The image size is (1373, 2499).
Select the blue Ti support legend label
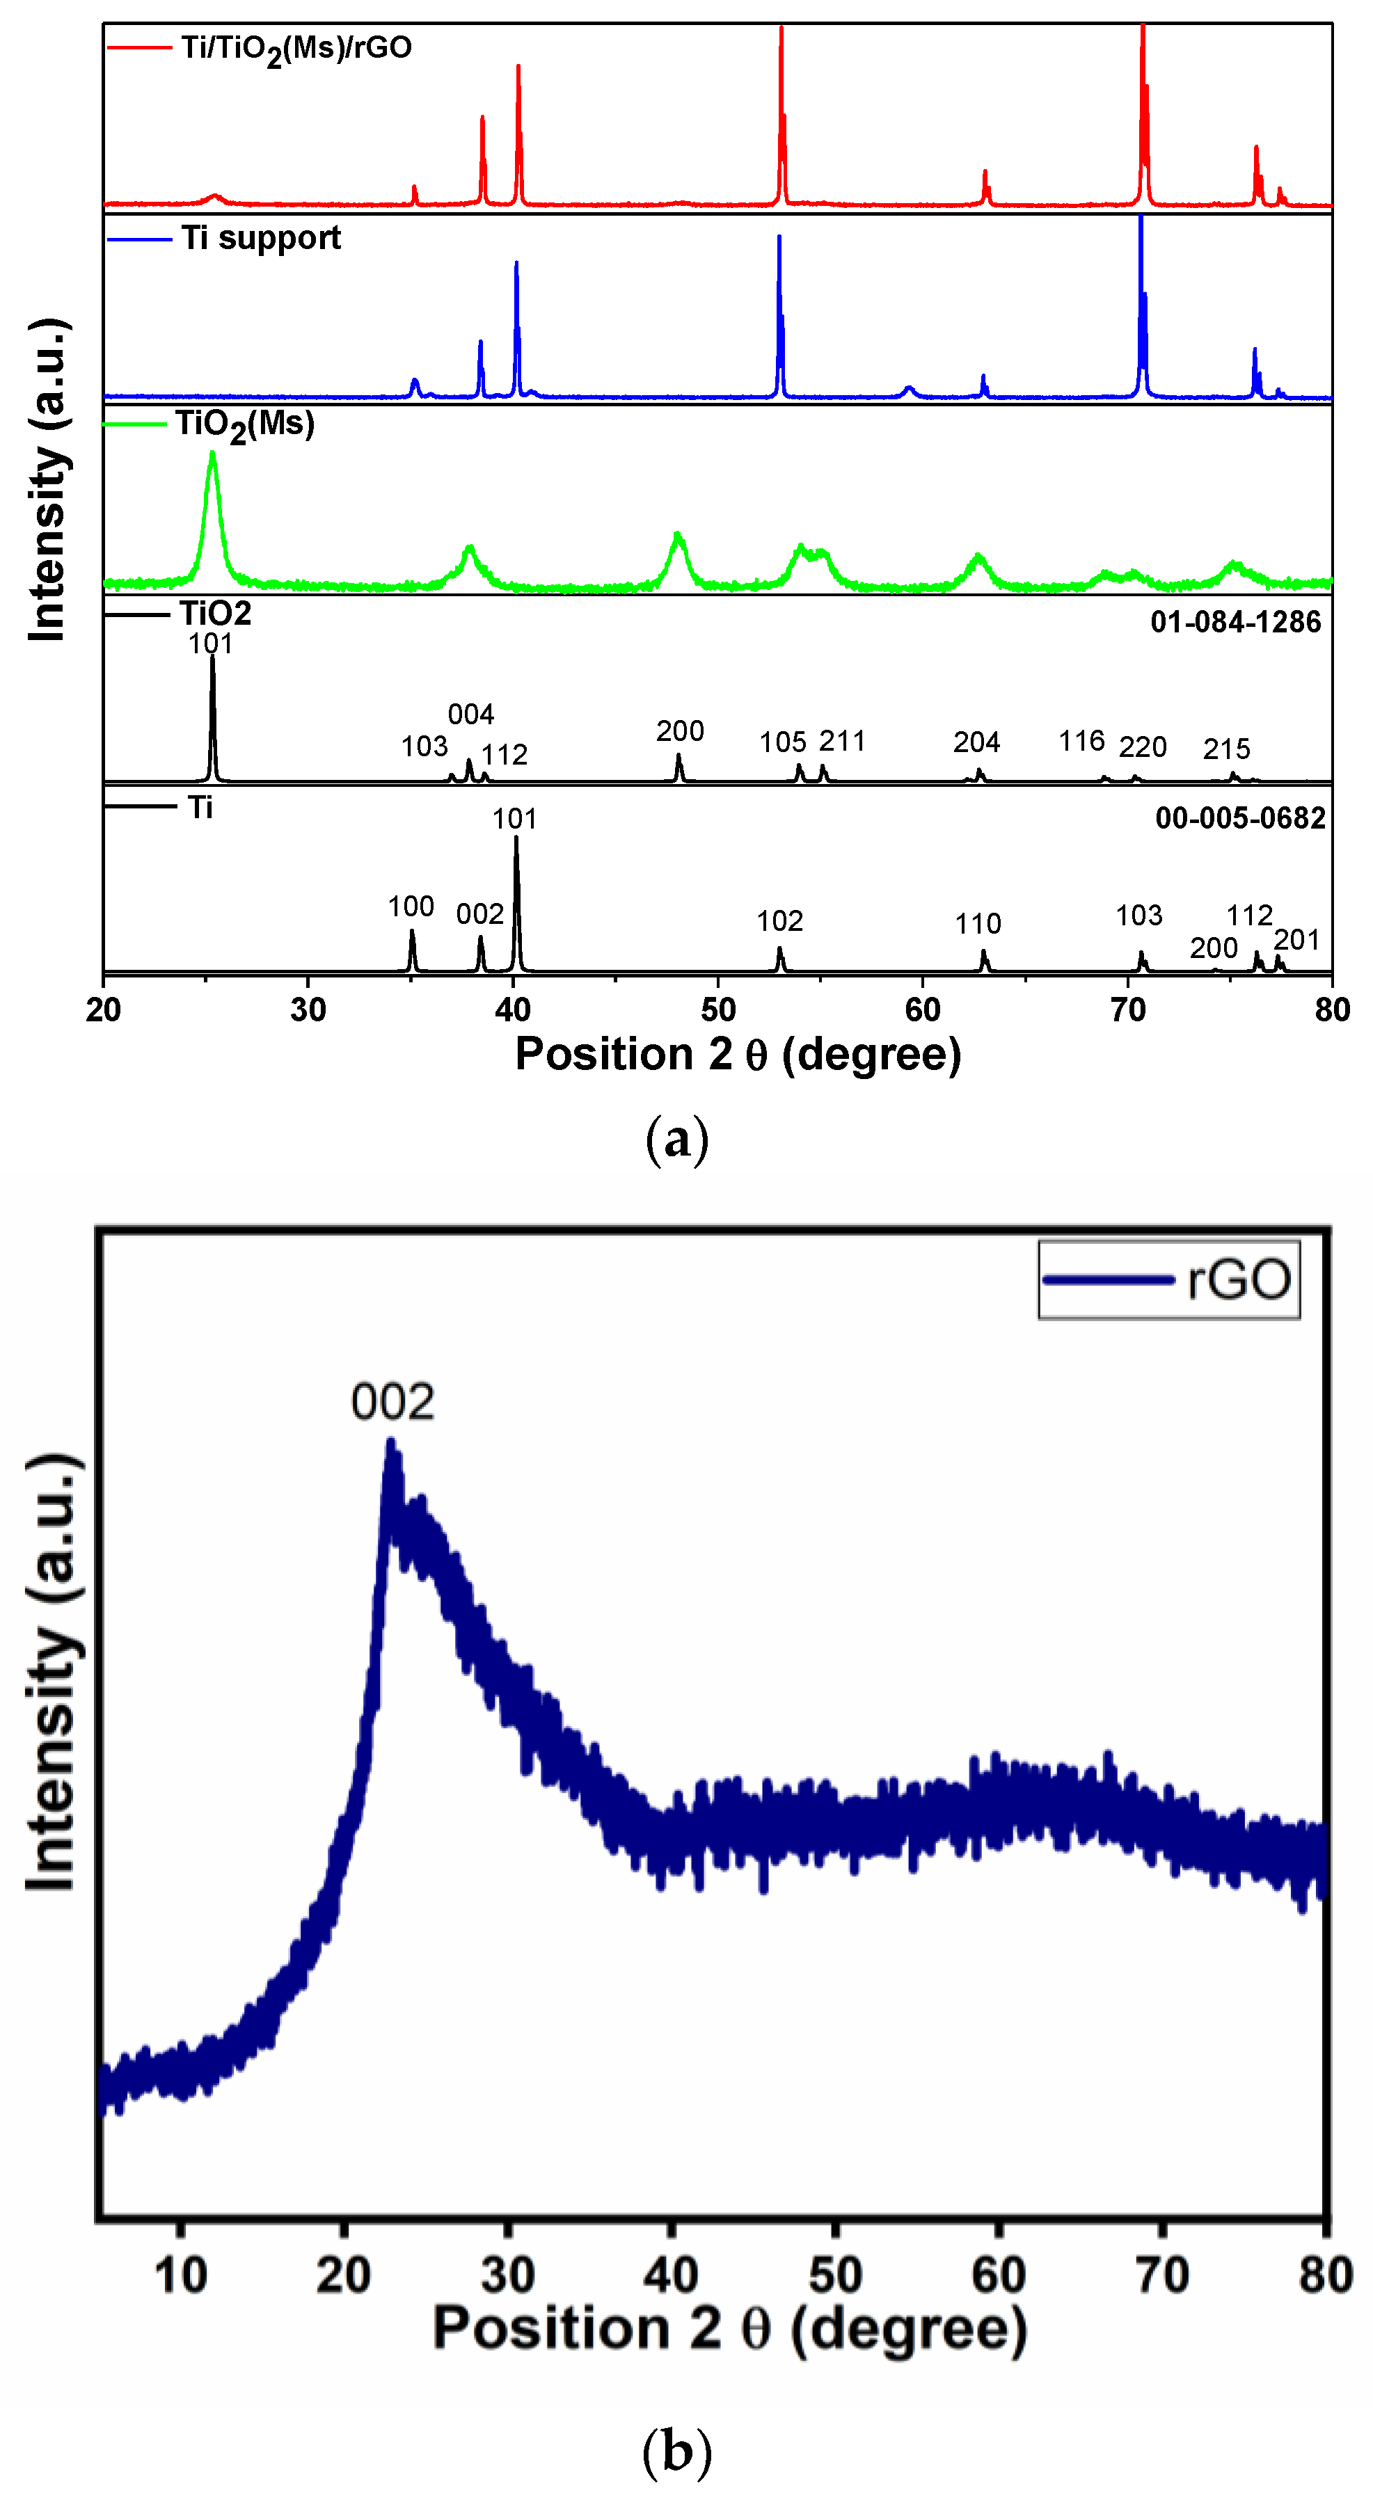click(261, 238)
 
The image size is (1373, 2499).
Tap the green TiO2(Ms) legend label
click(246, 425)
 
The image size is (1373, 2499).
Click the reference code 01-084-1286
click(1235, 622)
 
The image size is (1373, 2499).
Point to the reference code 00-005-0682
click(1239, 817)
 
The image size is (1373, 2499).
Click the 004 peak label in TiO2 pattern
click(470, 715)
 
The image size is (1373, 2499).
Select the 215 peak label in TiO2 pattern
click(1226, 749)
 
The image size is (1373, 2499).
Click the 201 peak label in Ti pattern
click(1296, 940)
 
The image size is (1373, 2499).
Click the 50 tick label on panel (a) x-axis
click(718, 1010)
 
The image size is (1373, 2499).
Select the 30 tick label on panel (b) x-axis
click(507, 2275)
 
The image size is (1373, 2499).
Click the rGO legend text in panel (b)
click(1239, 1279)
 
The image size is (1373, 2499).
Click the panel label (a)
click(676, 1139)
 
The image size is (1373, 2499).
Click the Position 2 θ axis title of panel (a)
click(738, 1055)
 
